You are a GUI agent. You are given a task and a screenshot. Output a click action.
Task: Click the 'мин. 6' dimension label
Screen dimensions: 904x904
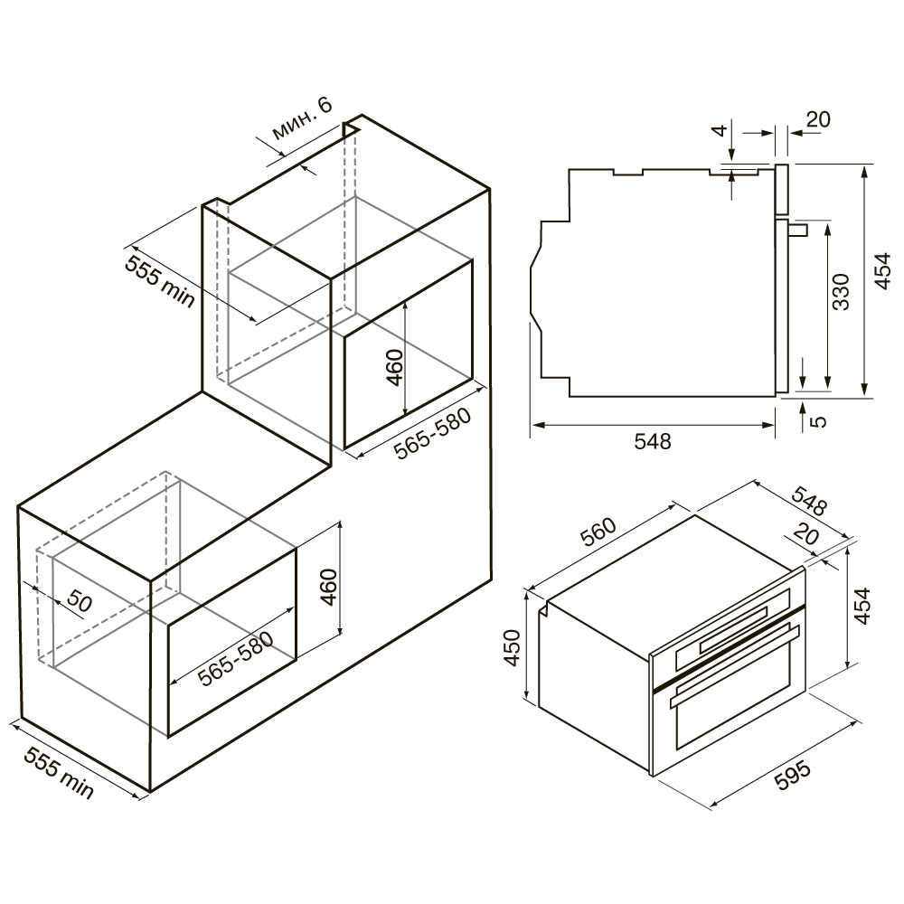302,118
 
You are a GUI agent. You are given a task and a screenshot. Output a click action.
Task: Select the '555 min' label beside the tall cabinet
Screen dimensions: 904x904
160,282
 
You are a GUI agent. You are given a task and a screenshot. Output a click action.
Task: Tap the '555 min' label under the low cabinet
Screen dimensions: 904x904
58,774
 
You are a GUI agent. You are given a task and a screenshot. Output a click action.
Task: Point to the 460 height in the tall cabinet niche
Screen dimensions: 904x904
395,367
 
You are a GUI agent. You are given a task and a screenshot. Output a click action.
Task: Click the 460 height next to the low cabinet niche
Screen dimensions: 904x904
328,587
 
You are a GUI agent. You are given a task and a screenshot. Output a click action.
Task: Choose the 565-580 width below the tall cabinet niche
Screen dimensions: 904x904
432,434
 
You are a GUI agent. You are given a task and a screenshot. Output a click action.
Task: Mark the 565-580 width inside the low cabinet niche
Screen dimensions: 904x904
235,659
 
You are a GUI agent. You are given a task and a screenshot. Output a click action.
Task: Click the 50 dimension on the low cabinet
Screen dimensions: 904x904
79,601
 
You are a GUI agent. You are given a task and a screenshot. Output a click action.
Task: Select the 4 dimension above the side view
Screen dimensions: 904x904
720,131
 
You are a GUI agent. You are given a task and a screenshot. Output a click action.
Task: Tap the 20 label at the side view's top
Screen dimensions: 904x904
818,118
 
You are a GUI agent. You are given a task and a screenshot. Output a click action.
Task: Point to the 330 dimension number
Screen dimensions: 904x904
841,292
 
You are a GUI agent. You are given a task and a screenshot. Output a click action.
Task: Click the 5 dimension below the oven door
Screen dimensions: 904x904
818,421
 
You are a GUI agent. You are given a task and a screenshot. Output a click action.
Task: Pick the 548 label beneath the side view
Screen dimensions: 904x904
653,441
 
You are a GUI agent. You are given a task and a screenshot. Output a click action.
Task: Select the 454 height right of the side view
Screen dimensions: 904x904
881,271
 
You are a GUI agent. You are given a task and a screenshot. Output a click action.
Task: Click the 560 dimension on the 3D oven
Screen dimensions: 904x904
598,532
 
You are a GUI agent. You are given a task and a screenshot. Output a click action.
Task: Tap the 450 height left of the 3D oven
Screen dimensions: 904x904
513,648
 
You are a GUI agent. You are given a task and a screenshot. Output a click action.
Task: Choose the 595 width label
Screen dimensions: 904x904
792,776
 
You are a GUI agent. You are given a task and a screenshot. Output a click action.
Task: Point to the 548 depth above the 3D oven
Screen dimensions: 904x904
809,501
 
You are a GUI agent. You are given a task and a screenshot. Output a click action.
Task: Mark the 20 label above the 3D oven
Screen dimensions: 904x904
806,534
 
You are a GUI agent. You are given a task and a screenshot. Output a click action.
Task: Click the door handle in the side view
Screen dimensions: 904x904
799,230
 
